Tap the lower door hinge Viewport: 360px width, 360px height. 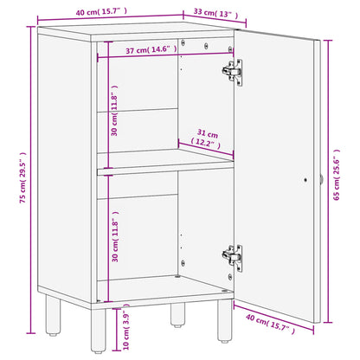pos(231,255)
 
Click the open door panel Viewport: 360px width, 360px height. pos(277,173)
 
